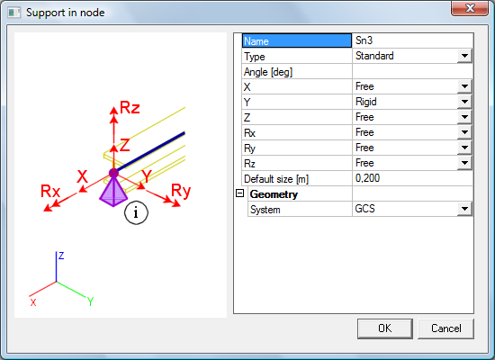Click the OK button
click(x=385, y=328)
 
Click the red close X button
click(x=470, y=8)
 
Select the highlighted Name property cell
click(x=297, y=40)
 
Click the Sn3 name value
click(x=364, y=40)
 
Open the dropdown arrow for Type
click(x=464, y=56)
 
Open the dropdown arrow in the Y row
click(x=464, y=102)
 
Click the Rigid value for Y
click(x=366, y=102)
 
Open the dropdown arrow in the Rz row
click(x=464, y=163)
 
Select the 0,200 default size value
click(x=367, y=178)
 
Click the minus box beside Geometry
click(x=240, y=193)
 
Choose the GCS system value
click(x=364, y=209)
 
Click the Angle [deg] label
click(x=268, y=72)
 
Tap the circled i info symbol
click(x=136, y=212)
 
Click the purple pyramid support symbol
click(x=113, y=191)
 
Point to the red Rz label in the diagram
click(x=130, y=107)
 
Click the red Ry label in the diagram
click(x=181, y=191)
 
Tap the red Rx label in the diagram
click(x=50, y=192)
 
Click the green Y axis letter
click(x=90, y=301)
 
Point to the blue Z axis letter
click(x=61, y=256)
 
